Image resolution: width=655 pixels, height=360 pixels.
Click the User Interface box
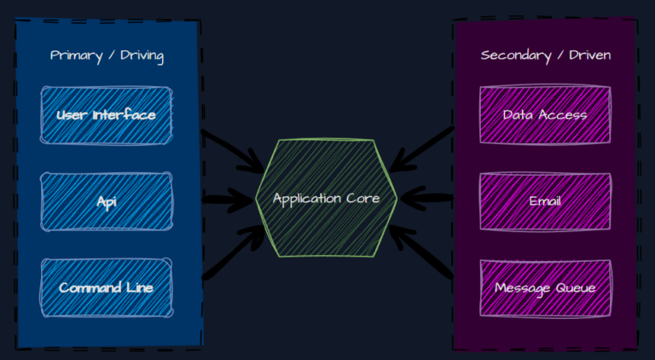coord(106,115)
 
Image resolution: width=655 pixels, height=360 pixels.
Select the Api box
coord(106,201)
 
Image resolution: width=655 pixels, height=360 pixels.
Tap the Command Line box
coord(106,287)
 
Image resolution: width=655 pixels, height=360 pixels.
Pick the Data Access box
coord(545,115)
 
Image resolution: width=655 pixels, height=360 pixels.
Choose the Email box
coord(545,201)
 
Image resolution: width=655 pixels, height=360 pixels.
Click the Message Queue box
coord(545,288)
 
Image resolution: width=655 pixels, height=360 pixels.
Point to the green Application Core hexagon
coord(327,199)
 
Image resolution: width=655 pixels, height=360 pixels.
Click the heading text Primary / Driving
coord(107,56)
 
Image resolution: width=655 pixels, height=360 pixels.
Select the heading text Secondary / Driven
coord(546,55)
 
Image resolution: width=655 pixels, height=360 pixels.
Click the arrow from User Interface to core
coord(233,151)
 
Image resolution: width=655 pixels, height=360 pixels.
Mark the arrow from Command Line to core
coord(233,252)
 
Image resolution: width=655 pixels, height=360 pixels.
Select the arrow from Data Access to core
coord(421,149)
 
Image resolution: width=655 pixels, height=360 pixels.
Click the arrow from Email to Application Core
coord(426,197)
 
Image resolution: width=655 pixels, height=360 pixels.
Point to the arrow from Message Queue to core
coord(421,251)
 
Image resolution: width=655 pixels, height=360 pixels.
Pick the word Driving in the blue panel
coord(142,56)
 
